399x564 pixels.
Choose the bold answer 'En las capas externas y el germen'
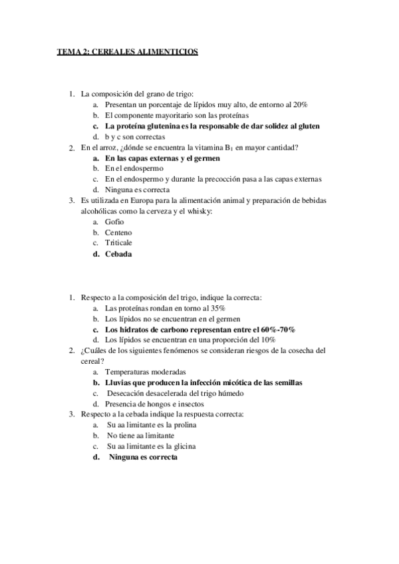[162, 158]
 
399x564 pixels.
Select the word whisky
[198, 211]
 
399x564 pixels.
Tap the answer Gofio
[115, 221]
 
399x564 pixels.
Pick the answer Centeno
[118, 232]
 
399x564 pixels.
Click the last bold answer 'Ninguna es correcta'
[143, 457]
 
